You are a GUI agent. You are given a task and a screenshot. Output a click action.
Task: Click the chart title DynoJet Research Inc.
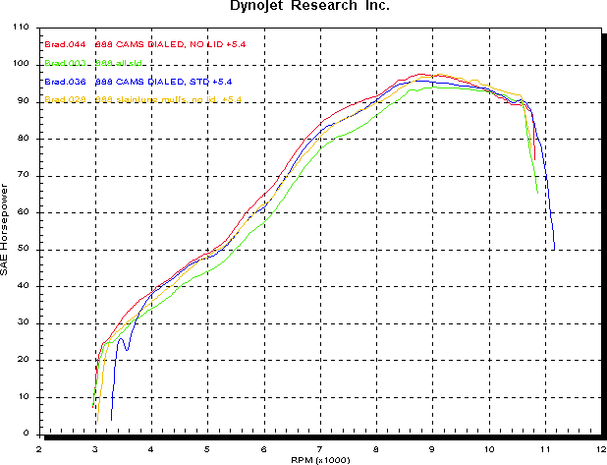click(x=303, y=7)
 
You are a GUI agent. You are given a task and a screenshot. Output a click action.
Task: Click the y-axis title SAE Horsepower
click(x=7, y=230)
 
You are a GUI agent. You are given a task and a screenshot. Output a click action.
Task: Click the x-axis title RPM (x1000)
click(x=318, y=459)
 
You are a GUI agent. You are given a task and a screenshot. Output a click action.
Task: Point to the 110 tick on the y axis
click(x=22, y=28)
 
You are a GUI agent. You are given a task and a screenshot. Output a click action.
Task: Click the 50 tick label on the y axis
click(x=24, y=250)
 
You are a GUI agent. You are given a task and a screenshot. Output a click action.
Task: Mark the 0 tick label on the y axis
click(x=27, y=435)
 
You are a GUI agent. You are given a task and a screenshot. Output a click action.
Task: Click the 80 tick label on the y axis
click(x=24, y=139)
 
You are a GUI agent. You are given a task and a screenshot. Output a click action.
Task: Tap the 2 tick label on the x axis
click(x=39, y=447)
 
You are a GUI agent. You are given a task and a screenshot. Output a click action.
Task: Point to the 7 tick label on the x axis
click(x=320, y=447)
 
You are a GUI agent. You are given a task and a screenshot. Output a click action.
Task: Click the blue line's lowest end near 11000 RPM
click(x=554, y=249)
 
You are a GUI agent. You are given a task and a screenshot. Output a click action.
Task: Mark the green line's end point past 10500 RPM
click(x=537, y=192)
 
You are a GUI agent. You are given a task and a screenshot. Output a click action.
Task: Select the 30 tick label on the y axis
click(x=24, y=323)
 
